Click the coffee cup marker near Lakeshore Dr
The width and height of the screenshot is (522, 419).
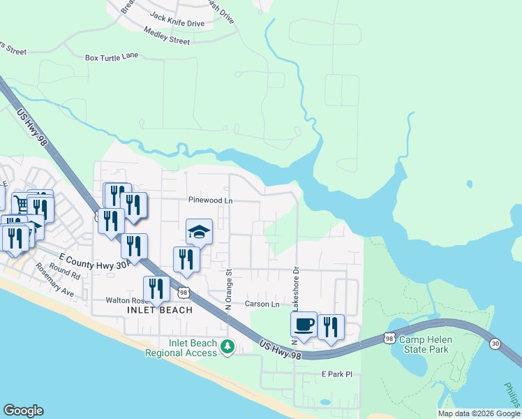(304, 325)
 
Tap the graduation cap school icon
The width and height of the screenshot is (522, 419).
(199, 231)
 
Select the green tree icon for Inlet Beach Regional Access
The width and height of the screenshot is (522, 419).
(227, 347)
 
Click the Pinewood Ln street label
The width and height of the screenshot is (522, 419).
(210, 200)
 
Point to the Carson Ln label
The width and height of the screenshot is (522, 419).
(262, 304)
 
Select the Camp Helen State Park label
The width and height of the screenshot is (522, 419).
(424, 344)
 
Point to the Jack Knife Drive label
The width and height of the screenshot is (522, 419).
(177, 23)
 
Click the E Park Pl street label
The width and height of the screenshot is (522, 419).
(338, 375)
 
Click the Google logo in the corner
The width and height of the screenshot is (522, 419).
(23, 410)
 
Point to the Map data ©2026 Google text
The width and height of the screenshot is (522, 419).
(479, 413)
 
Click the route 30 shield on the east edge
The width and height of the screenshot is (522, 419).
(495, 344)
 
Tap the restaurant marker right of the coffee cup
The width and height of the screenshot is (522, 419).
(331, 327)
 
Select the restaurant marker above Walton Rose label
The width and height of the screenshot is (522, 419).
(156, 288)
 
